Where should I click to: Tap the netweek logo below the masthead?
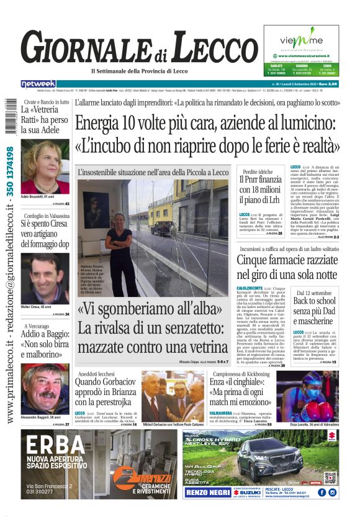(38, 84)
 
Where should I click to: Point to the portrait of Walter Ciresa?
(45, 278)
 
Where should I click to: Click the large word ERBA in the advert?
(56, 445)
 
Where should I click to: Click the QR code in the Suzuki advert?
(330, 477)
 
